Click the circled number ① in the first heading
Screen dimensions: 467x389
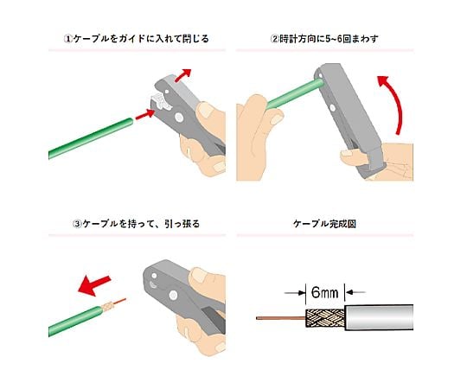click(68, 39)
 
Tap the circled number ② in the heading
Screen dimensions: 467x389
click(275, 39)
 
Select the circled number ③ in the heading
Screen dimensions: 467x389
click(77, 224)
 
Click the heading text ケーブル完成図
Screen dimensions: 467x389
click(324, 224)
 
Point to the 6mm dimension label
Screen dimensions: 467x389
click(324, 292)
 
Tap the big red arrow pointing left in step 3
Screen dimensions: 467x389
click(94, 284)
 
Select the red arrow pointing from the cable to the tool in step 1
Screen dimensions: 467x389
click(145, 114)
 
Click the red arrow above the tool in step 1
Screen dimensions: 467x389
click(182, 74)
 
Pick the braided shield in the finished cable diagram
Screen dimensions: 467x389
click(325, 318)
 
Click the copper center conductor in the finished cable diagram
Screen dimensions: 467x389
click(281, 318)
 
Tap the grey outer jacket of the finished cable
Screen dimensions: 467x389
click(379, 317)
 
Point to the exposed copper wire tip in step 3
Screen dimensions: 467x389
click(119, 301)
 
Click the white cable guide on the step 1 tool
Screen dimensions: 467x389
click(161, 100)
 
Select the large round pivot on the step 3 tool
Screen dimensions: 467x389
click(173, 296)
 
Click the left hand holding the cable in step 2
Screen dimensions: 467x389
click(257, 137)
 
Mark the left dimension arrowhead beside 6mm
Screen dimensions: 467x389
click(302, 293)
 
